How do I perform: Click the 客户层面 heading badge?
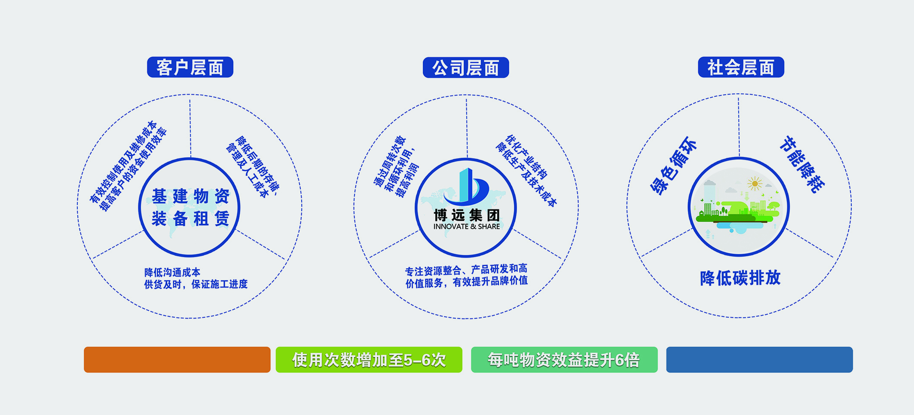pos(190,67)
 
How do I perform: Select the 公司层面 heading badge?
pos(466,68)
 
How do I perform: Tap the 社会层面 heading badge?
pos(741,67)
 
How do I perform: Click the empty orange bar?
pos(177,360)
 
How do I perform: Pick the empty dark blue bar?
pos(759,360)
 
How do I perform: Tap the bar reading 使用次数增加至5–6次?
pos(369,360)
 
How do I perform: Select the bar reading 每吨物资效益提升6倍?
pos(564,360)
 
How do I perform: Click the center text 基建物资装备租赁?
pos(190,207)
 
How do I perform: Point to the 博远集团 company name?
pos(467,215)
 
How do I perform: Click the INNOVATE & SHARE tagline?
pos(467,227)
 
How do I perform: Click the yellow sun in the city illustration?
pos(755,184)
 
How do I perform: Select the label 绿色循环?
pos(673,166)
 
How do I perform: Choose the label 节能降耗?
pos(802,164)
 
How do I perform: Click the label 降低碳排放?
pos(740,278)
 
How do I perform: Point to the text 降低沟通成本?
pos(172,272)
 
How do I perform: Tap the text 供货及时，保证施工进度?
pos(196,284)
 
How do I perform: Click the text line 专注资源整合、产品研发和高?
pos(466,270)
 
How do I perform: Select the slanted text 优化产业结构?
pos(526,157)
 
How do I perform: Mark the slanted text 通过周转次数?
pos(390,161)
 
